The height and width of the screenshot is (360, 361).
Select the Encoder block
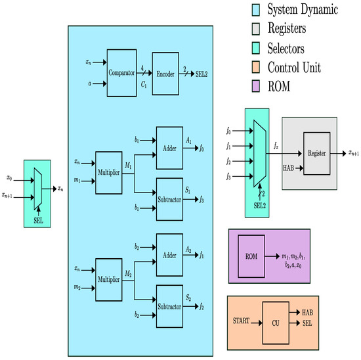click(165, 74)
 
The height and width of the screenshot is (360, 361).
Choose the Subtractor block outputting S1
click(169, 197)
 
